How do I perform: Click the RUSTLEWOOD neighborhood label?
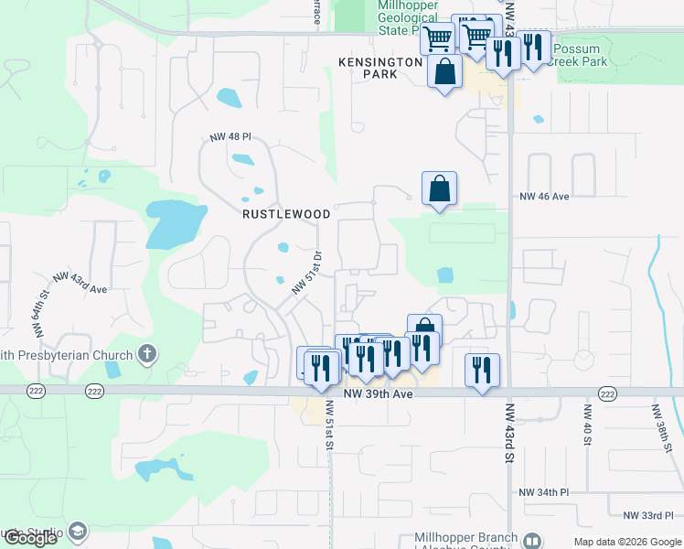point(286,214)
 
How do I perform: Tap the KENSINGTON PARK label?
point(379,68)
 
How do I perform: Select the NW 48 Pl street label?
point(230,137)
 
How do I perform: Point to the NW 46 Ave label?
point(544,196)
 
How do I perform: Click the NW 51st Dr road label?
point(307,273)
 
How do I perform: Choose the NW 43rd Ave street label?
point(80,282)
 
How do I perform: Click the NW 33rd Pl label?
point(647,516)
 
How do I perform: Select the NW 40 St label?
point(589,422)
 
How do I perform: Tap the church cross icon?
point(147,354)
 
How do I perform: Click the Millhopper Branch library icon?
point(534,539)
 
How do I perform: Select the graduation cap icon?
point(78,532)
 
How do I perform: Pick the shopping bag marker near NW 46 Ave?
point(439,188)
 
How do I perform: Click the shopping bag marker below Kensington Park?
point(444,71)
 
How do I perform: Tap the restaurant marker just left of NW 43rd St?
point(482,370)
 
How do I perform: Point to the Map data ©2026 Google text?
point(626,542)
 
